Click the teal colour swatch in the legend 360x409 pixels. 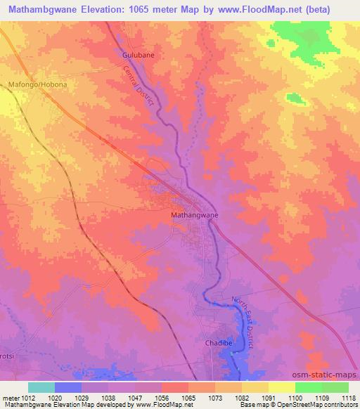click(x=41, y=387)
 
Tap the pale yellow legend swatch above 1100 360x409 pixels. click(x=281, y=387)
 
